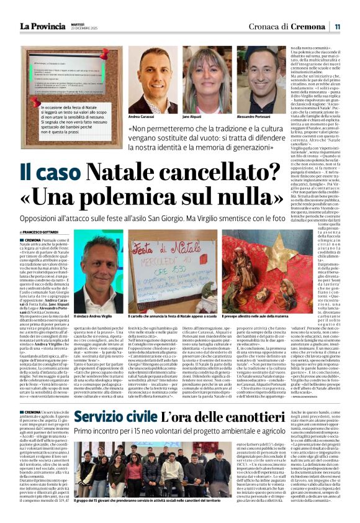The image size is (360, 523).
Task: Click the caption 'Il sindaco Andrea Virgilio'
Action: tap(96, 316)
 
